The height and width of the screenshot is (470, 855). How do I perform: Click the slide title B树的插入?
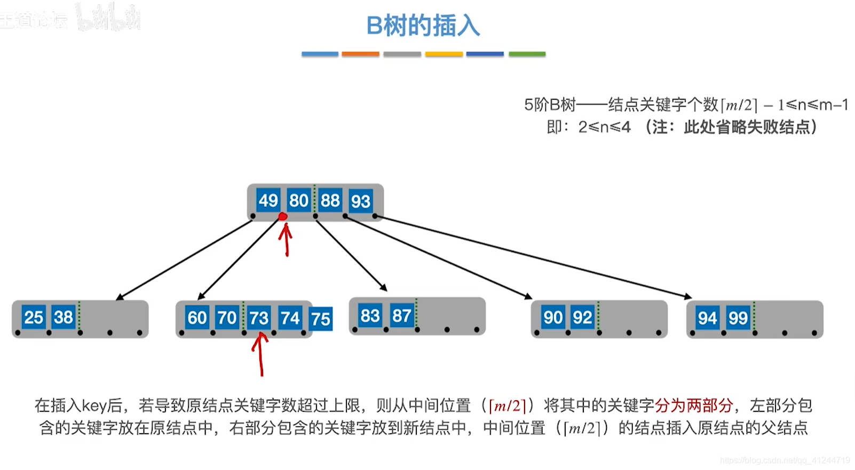tap(423, 26)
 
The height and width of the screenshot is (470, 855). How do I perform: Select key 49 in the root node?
tap(268, 200)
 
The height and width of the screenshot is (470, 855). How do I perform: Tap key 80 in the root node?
tap(298, 200)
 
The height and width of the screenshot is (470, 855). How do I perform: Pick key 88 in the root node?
tap(330, 200)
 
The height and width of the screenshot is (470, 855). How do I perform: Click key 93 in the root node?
tap(360, 201)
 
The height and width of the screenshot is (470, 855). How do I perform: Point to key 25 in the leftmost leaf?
tap(34, 317)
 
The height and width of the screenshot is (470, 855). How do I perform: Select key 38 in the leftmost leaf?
tap(64, 317)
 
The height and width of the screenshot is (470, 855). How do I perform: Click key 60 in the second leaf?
tap(197, 318)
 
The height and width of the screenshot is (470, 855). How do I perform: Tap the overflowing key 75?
tap(321, 319)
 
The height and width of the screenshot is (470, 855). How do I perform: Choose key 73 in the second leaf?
tap(259, 318)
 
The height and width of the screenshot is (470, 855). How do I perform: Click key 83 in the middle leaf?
tap(370, 316)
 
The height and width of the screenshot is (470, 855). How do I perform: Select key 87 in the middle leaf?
tap(401, 316)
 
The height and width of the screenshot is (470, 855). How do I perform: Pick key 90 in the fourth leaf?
tap(553, 317)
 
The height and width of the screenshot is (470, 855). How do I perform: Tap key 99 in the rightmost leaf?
tap(738, 318)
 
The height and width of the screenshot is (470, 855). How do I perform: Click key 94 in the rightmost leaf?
tap(707, 318)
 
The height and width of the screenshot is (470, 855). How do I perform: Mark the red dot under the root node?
tap(283, 216)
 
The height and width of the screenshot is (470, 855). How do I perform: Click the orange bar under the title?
tap(360, 54)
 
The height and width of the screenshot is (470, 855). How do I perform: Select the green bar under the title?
tap(527, 54)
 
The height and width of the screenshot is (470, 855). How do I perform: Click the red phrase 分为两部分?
tap(693, 405)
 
